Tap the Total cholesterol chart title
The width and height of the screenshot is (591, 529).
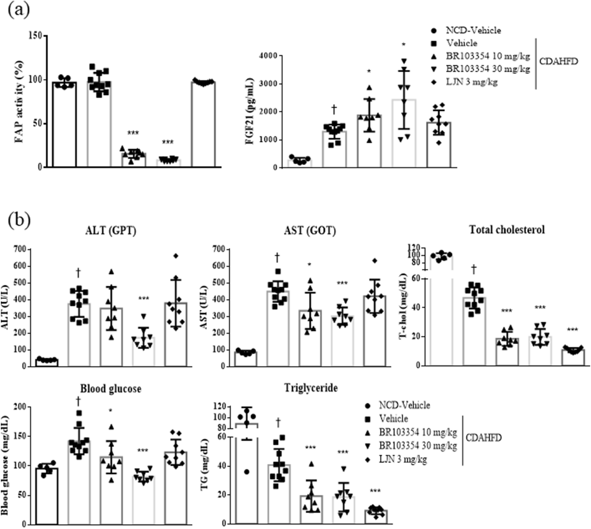(x=507, y=230)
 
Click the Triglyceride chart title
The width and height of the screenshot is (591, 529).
(x=311, y=388)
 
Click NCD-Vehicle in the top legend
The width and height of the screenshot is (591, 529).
(x=473, y=30)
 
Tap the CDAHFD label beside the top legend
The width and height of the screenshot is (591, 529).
(x=558, y=62)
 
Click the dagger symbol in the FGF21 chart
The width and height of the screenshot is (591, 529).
(x=334, y=110)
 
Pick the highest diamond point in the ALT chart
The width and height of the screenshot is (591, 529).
(x=176, y=256)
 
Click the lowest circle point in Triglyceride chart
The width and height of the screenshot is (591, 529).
(x=246, y=472)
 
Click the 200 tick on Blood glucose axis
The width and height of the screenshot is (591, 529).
(x=25, y=407)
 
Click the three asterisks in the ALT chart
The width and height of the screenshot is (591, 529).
(x=143, y=299)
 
